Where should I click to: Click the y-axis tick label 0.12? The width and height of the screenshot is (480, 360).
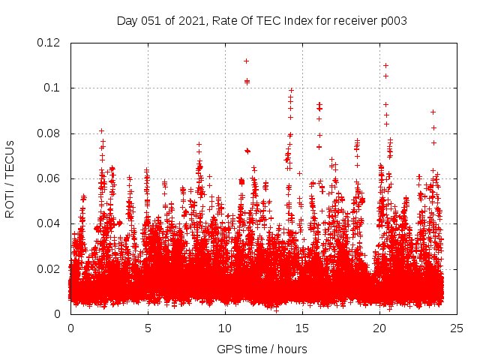(x=49, y=43)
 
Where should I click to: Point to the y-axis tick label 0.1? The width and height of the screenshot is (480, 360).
(x=52, y=88)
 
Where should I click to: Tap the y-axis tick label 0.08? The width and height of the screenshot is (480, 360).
(x=49, y=133)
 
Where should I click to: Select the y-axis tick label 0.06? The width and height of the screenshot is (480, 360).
(x=49, y=178)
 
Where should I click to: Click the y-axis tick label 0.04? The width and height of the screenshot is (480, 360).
(x=49, y=223)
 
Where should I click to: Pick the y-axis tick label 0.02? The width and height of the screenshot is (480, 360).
(x=49, y=269)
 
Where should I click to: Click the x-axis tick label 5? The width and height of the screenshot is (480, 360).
(x=148, y=328)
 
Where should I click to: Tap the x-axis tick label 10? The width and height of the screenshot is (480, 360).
(x=225, y=328)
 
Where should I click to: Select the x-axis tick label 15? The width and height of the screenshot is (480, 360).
(x=302, y=328)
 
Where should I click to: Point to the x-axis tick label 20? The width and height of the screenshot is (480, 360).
(x=379, y=328)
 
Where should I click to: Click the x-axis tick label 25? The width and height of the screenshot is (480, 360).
(x=457, y=328)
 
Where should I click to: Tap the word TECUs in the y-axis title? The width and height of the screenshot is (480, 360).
(x=10, y=157)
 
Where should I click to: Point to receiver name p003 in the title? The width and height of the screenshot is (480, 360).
(x=394, y=21)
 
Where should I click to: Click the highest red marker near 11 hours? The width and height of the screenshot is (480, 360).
(x=246, y=61)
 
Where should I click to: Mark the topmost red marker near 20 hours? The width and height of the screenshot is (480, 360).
(x=385, y=65)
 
